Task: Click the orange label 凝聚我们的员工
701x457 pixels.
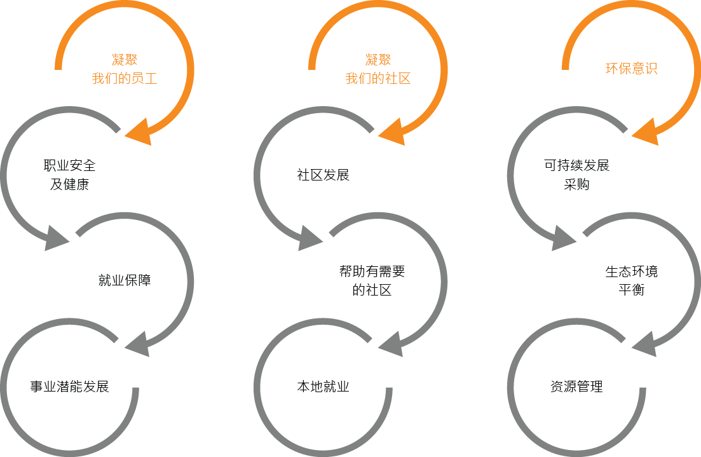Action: point(125,69)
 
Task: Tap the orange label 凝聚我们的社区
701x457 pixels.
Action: point(378,69)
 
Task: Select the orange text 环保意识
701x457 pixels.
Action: point(631,69)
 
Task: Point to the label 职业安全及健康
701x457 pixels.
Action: point(70,175)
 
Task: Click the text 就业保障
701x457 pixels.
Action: point(125,280)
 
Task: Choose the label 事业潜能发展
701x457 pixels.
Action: point(70,386)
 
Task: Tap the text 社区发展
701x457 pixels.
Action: point(323,175)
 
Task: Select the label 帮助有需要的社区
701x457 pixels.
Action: point(372,281)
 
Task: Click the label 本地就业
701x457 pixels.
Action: point(323,386)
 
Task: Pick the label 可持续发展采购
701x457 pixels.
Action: point(576,175)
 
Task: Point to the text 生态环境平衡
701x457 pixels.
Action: point(631,281)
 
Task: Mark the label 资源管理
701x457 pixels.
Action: point(576,386)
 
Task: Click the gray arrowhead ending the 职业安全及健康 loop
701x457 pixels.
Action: point(57,238)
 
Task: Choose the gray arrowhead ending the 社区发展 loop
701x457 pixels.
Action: point(310,238)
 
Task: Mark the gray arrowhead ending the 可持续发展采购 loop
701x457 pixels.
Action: point(564,238)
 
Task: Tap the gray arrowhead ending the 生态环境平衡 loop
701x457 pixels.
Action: point(644,344)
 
